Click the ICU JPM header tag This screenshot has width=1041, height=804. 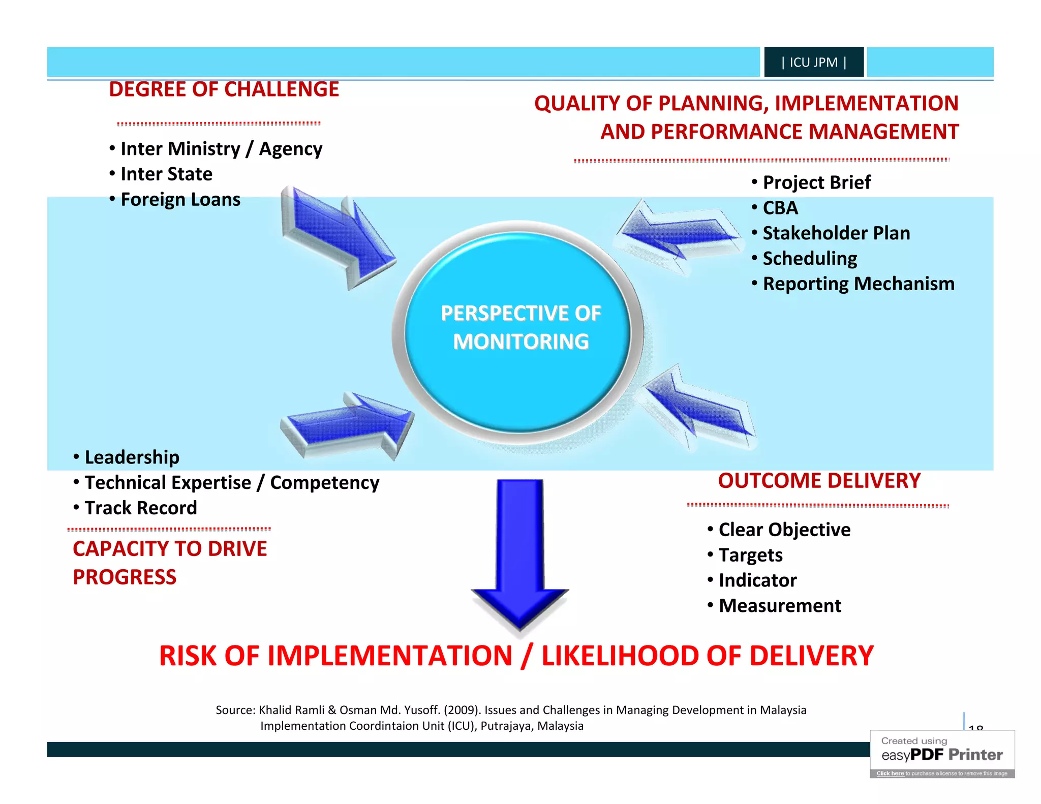click(813, 62)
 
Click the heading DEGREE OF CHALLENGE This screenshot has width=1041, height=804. click(224, 89)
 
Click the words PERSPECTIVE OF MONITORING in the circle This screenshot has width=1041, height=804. click(520, 327)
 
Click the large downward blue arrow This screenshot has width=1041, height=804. click(520, 554)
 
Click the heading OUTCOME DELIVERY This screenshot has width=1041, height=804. click(819, 481)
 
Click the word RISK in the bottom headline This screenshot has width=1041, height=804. click(188, 656)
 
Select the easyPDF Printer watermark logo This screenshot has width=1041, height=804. click(942, 755)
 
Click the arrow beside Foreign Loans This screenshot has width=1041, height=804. click(338, 236)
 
